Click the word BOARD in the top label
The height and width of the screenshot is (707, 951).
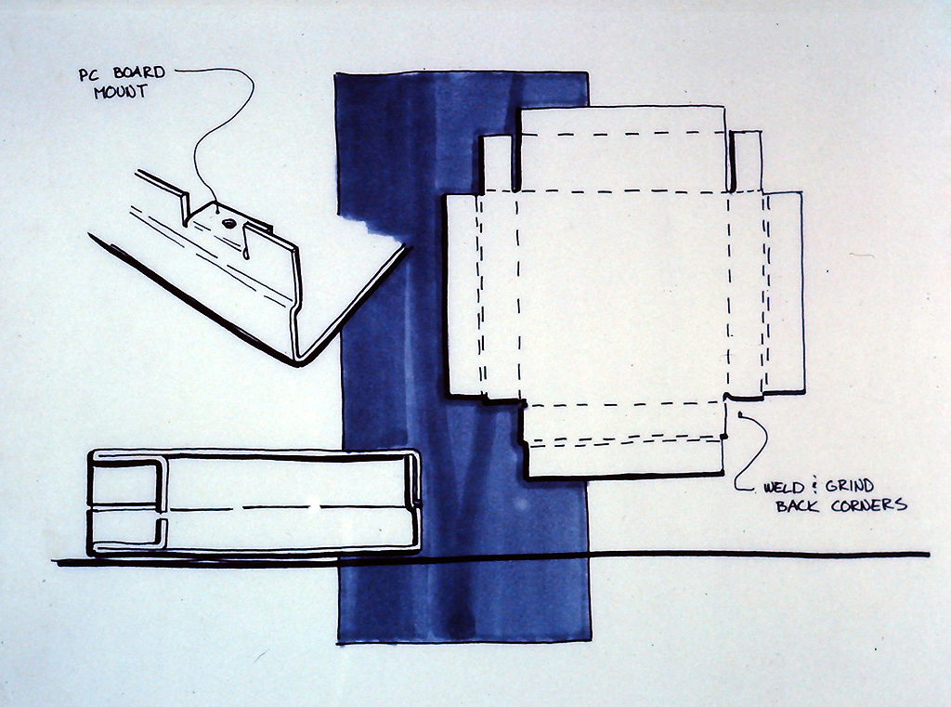[x=139, y=72]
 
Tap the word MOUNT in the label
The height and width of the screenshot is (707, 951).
[x=120, y=92]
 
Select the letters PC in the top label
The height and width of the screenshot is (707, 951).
[x=88, y=74]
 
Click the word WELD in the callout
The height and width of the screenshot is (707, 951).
[x=784, y=488]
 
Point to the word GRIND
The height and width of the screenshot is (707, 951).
[x=850, y=486]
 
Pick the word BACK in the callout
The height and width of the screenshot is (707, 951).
[x=797, y=505]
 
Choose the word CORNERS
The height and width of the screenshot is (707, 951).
[x=868, y=504]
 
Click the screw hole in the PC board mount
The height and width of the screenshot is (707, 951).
[x=228, y=223]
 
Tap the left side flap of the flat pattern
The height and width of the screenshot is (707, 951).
[x=463, y=295]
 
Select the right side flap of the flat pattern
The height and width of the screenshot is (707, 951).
[x=784, y=293]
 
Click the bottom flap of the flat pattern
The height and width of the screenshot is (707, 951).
[x=625, y=457]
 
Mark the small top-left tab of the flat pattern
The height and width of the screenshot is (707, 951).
[x=497, y=163]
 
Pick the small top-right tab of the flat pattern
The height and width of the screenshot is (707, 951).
[x=747, y=160]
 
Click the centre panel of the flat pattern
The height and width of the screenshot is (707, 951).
[x=623, y=297]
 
